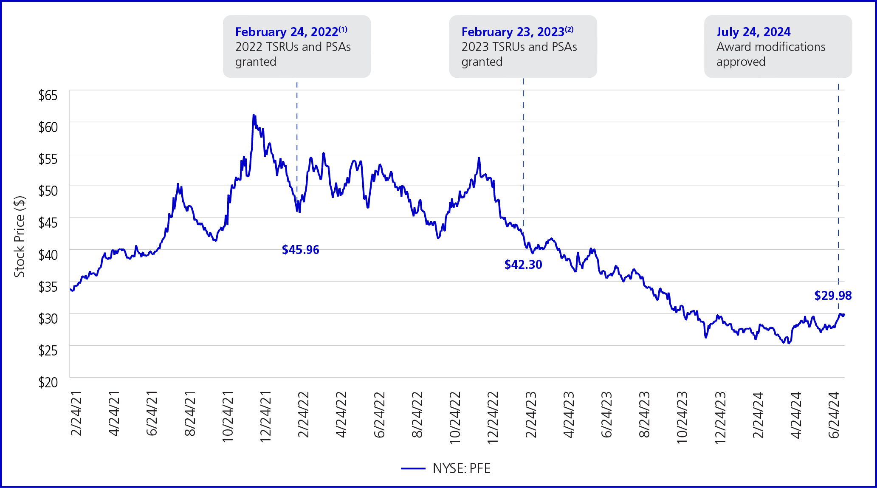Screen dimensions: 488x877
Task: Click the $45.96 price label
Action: (300, 250)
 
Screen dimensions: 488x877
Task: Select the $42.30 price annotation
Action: (523, 265)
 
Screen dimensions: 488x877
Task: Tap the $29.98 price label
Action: (832, 296)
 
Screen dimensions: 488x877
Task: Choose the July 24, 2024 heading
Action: (753, 32)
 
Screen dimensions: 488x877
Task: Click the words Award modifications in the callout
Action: (770, 47)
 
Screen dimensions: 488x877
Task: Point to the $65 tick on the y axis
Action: (48, 95)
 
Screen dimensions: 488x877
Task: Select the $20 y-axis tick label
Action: (48, 382)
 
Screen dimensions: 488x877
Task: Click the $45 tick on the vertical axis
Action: (48, 223)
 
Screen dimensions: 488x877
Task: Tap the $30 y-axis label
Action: (48, 319)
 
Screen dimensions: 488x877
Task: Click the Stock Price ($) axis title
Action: (20, 237)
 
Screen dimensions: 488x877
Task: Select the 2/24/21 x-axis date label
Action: (76, 414)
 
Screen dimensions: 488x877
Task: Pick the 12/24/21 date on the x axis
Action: (266, 417)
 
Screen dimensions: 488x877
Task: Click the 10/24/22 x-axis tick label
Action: (455, 417)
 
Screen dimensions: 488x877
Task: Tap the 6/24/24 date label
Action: (834, 415)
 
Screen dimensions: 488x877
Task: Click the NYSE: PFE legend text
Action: (461, 468)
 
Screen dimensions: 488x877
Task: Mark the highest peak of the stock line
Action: (253, 115)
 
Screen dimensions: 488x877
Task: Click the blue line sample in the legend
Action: (413, 468)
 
